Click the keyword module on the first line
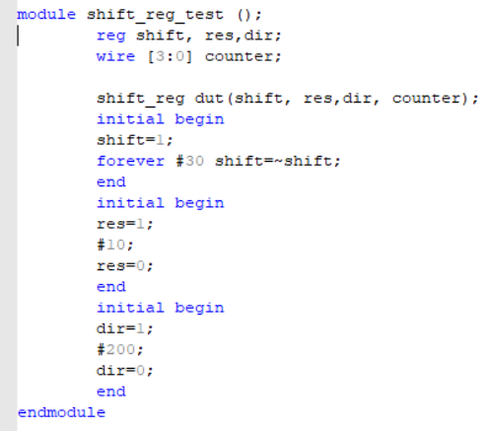46,15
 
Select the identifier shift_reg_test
155,16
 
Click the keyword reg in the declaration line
111,36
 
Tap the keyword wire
115,56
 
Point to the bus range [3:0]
170,57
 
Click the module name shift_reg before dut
141,99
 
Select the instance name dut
210,99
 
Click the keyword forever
130,161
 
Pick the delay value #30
190,161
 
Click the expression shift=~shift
273,161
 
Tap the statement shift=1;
135,140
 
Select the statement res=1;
125,224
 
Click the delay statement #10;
115,245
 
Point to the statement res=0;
125,266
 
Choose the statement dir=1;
125,328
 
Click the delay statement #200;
120,349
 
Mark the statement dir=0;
125,371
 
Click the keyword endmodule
61,412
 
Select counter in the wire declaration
239,57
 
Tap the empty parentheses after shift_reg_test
245,15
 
